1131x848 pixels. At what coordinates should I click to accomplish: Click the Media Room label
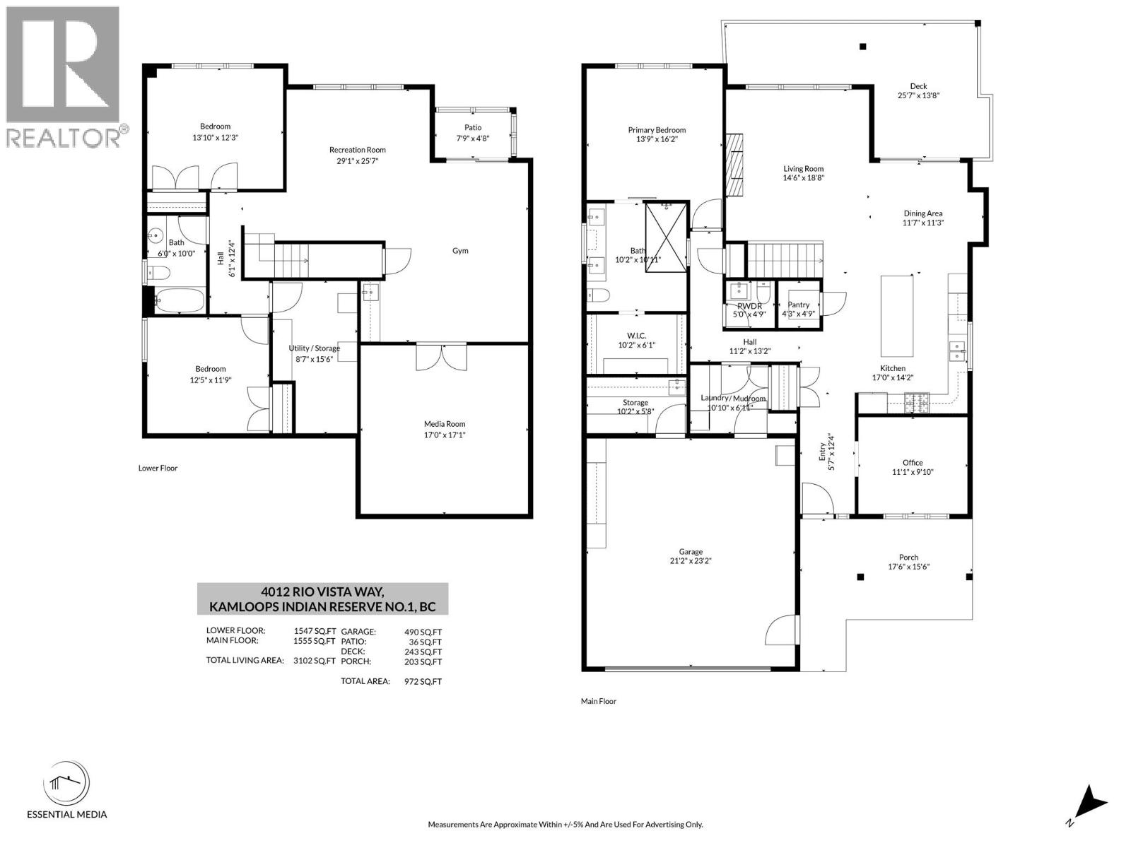click(x=445, y=424)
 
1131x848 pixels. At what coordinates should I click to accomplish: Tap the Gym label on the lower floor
click(x=460, y=251)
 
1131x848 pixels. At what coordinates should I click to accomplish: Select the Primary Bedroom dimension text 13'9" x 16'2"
click(x=657, y=141)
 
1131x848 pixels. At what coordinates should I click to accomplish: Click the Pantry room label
click(x=799, y=305)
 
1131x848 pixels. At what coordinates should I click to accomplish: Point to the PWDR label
click(x=749, y=305)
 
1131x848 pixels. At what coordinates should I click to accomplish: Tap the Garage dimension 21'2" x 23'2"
click(x=691, y=562)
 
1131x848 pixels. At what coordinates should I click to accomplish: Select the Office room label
click(x=913, y=463)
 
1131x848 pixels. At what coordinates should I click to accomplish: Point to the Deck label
click(x=918, y=86)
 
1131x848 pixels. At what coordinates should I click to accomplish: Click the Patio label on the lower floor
click(x=473, y=128)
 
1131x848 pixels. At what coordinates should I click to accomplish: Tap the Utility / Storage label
click(x=314, y=348)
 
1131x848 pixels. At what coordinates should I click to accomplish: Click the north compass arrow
click(x=1092, y=803)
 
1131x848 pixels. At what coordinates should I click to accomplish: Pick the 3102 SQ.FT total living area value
click(x=315, y=661)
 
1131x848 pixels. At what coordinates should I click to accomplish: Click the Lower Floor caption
click(x=158, y=468)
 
